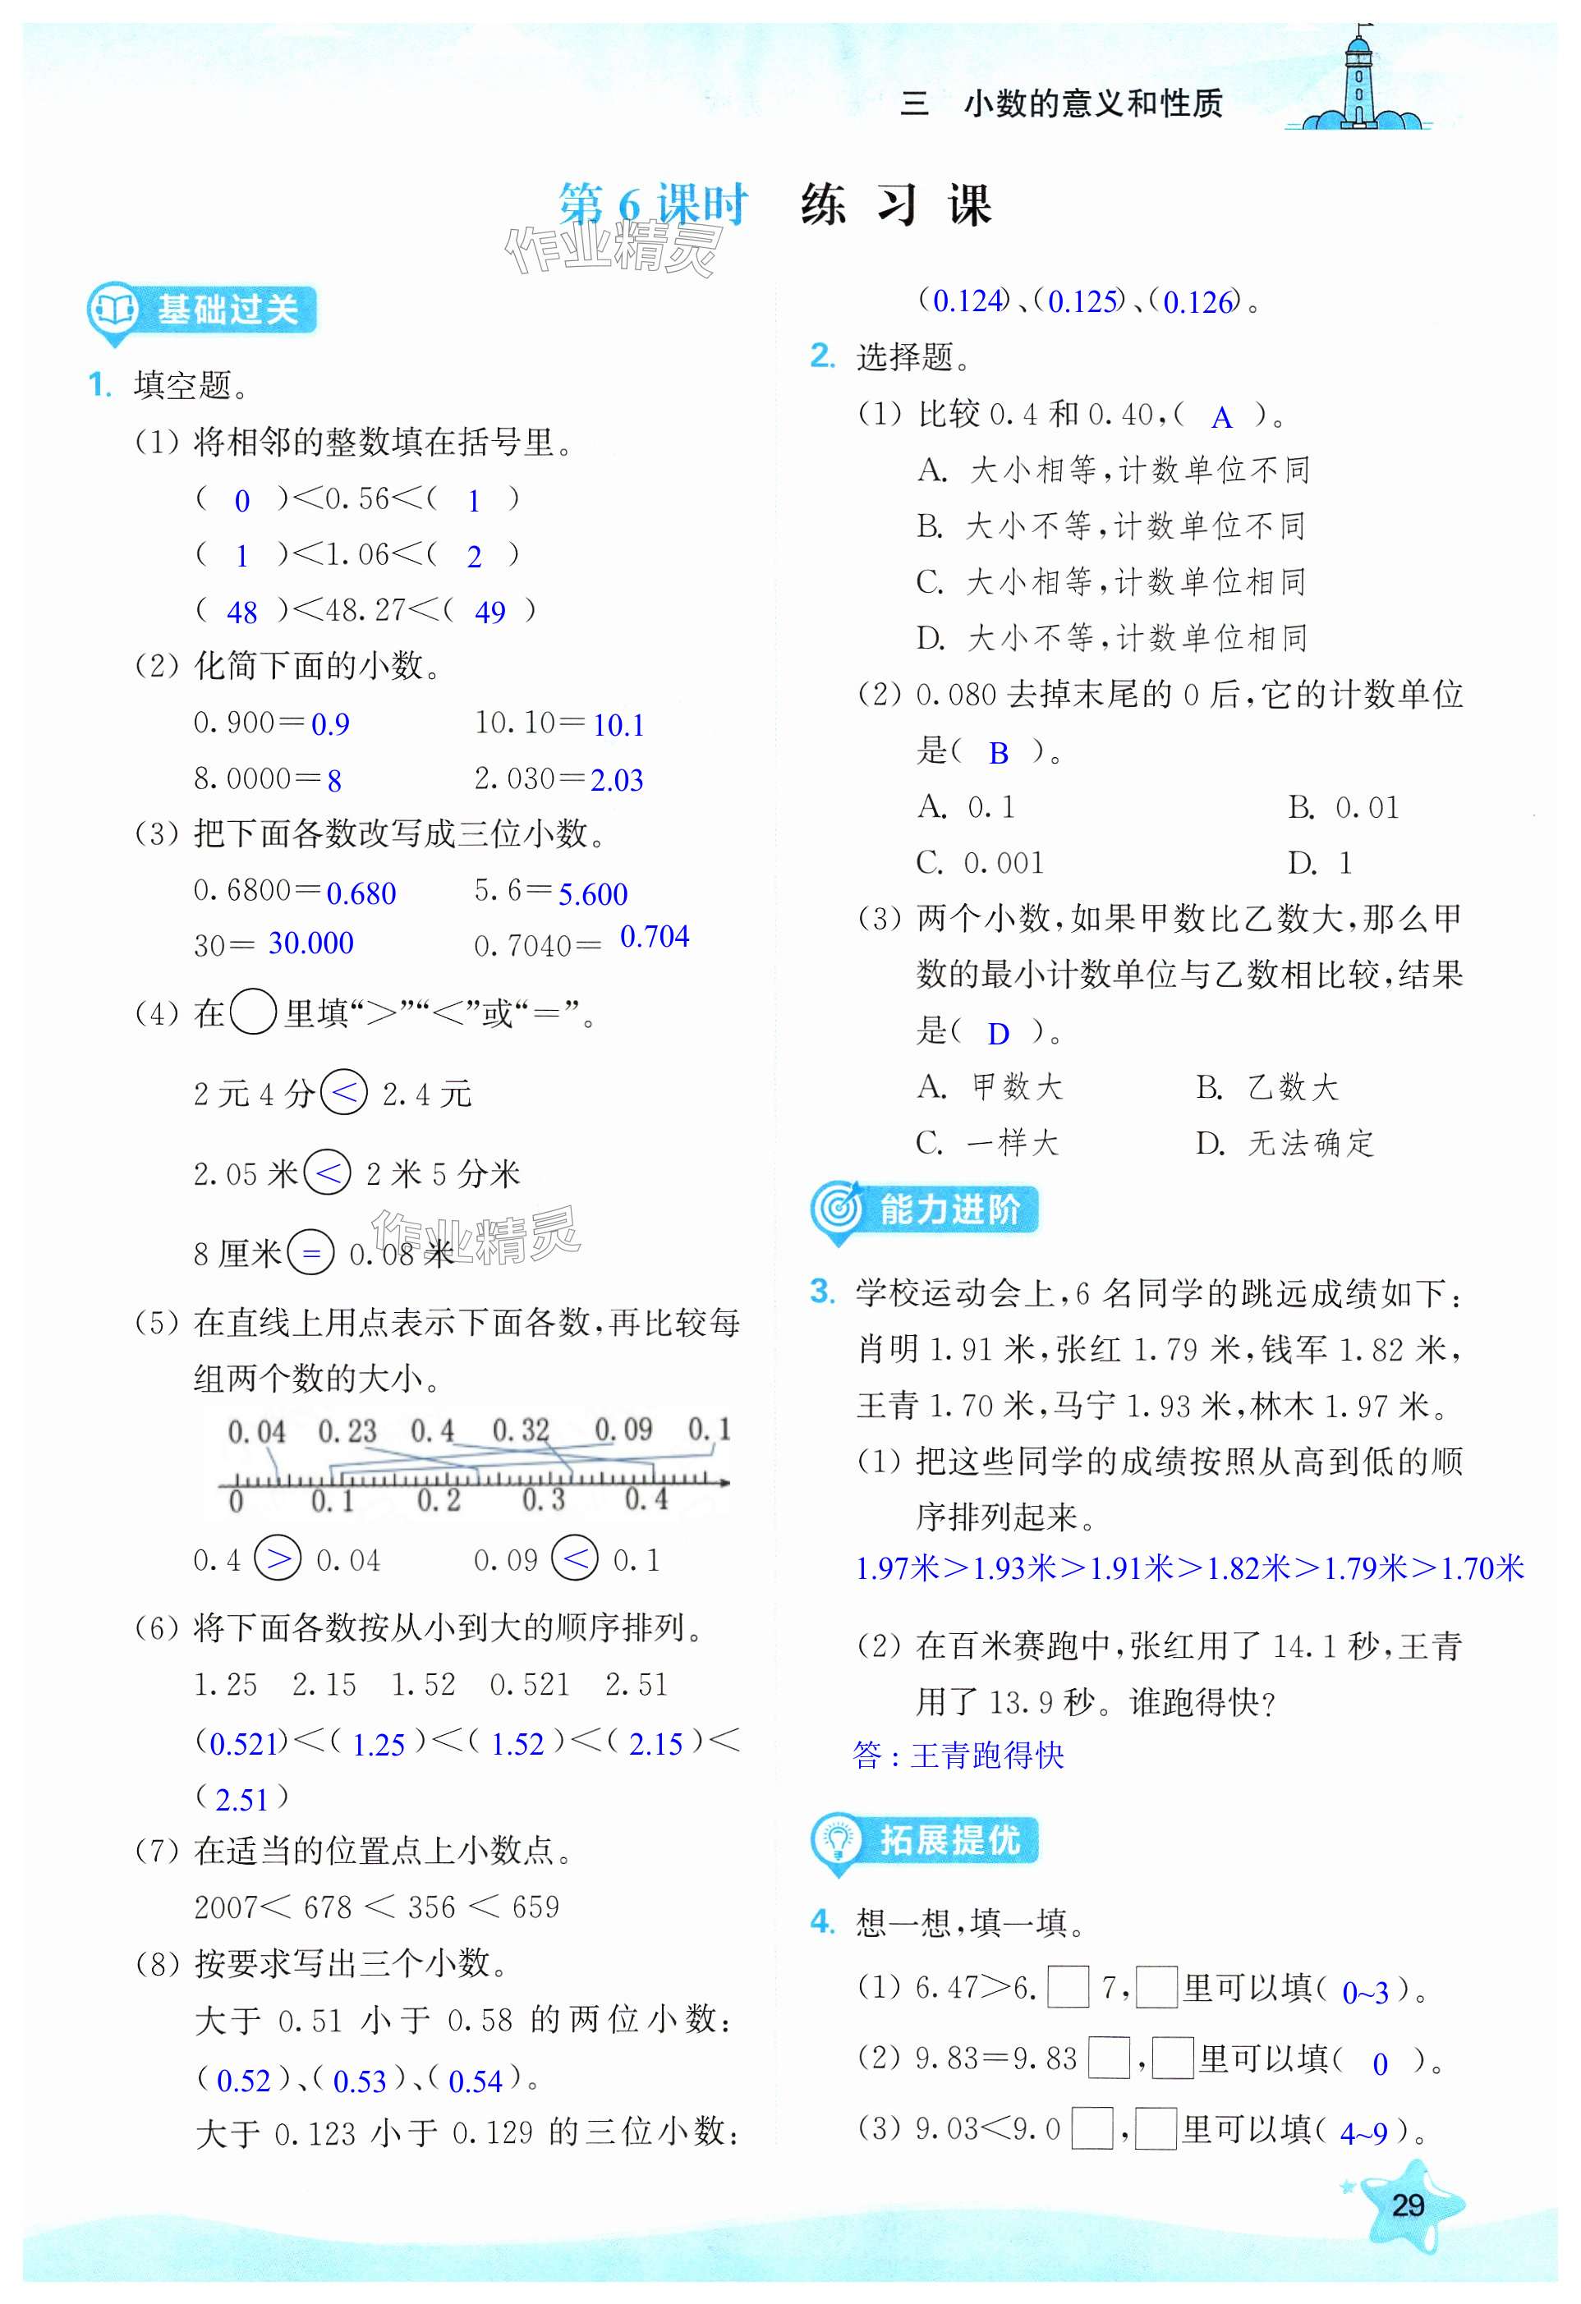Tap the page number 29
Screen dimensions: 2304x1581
click(x=1408, y=2205)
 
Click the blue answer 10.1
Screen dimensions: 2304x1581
click(x=618, y=726)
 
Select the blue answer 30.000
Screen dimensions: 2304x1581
click(x=310, y=943)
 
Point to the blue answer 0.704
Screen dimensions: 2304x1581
click(x=654, y=937)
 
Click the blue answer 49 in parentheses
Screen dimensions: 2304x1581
click(x=490, y=613)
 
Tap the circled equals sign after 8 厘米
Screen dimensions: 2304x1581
click(x=310, y=1254)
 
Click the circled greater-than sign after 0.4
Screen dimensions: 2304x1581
click(x=278, y=1559)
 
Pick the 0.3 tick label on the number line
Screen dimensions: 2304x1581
click(x=543, y=1500)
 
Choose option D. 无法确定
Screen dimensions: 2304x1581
click(x=1285, y=1144)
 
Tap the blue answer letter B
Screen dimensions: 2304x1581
click(x=998, y=754)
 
